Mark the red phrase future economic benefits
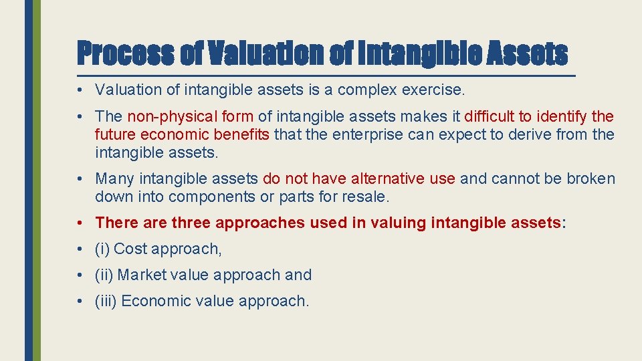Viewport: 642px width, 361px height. (x=182, y=135)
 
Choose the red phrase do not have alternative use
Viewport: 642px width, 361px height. (x=359, y=179)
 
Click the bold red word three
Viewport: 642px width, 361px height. (x=193, y=223)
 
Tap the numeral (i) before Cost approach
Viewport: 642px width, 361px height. (x=102, y=249)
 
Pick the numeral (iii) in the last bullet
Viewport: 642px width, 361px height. (x=106, y=302)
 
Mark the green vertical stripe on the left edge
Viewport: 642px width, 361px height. (x=37, y=180)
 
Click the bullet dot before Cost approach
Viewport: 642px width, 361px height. (x=80, y=249)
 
